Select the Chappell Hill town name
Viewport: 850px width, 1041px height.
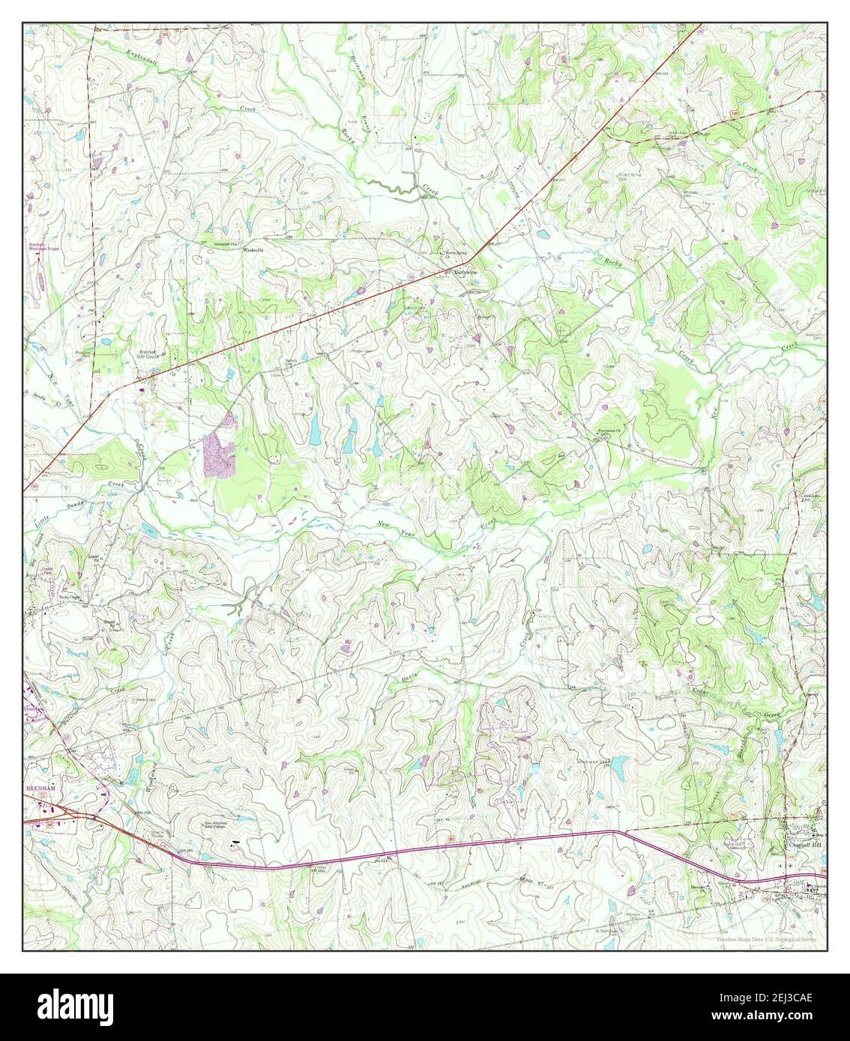(x=804, y=845)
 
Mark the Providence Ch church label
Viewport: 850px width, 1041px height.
(x=612, y=431)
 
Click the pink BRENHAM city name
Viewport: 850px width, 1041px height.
(x=40, y=789)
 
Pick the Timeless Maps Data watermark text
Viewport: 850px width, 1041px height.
(x=766, y=939)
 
